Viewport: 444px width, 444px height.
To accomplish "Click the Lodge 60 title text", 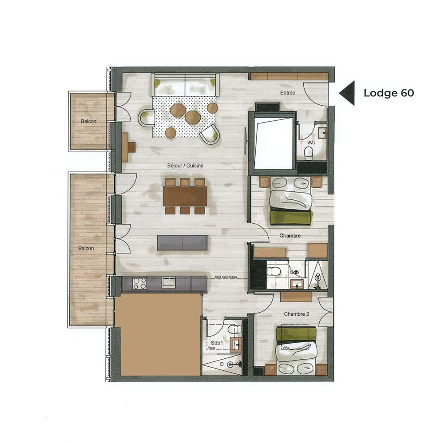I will (x=388, y=93).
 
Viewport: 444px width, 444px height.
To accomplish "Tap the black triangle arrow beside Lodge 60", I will (x=348, y=93).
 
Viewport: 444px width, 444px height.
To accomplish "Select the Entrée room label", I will (x=288, y=93).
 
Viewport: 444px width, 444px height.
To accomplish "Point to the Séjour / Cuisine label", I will (x=186, y=166).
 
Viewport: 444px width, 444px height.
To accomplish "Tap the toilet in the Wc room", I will (x=309, y=152).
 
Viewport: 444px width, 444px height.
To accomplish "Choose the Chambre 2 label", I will (x=297, y=314).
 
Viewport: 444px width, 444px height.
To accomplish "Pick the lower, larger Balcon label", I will (x=86, y=249).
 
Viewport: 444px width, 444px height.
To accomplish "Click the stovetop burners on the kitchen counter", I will (x=139, y=283).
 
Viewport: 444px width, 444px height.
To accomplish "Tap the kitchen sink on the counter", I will (x=168, y=282).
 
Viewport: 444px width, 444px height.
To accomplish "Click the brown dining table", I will (x=185, y=196).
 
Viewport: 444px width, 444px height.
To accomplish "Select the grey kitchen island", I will (x=182, y=243).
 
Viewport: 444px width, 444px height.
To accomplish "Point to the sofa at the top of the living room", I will (x=185, y=84).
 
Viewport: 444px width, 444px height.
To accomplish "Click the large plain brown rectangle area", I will (x=158, y=334).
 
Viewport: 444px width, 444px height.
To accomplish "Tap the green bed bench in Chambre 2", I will (x=296, y=334).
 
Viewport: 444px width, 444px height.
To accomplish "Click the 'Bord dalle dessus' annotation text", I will (x=226, y=277).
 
